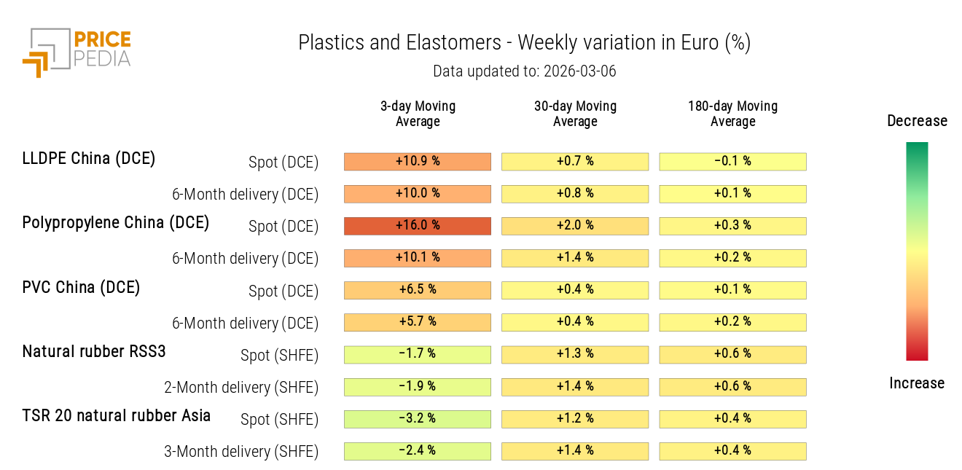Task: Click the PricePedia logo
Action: pyautogui.click(x=77, y=52)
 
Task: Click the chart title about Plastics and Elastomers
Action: pyautogui.click(x=524, y=43)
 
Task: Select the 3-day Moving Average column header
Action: pyautogui.click(x=418, y=114)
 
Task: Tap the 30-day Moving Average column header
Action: pyautogui.click(x=575, y=114)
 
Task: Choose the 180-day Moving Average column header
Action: pyautogui.click(x=732, y=114)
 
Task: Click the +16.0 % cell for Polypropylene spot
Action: pyautogui.click(x=418, y=226)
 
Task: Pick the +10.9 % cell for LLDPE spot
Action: pyautogui.click(x=418, y=162)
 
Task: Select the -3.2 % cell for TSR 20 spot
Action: pyautogui.click(x=418, y=419)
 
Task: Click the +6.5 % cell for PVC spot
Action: pyautogui.click(x=418, y=290)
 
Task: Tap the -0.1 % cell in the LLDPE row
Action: pyautogui.click(x=732, y=162)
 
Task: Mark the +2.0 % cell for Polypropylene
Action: pyautogui.click(x=575, y=226)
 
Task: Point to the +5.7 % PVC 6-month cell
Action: pyautogui.click(x=418, y=322)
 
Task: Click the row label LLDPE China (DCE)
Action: pyautogui.click(x=89, y=158)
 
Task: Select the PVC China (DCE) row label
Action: pyautogui.click(x=81, y=287)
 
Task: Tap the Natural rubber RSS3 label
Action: pyautogui.click(x=94, y=351)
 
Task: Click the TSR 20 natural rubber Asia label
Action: pyautogui.click(x=117, y=415)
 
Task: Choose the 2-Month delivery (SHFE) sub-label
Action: pyautogui.click(x=241, y=388)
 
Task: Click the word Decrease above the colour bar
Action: pyautogui.click(x=917, y=121)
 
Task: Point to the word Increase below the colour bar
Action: pyautogui.click(x=917, y=383)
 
